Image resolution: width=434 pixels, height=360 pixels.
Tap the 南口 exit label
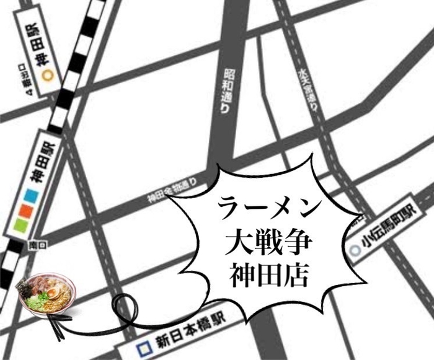tap(33, 247)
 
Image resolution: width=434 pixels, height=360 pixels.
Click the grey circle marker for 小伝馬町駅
tap(354, 250)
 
